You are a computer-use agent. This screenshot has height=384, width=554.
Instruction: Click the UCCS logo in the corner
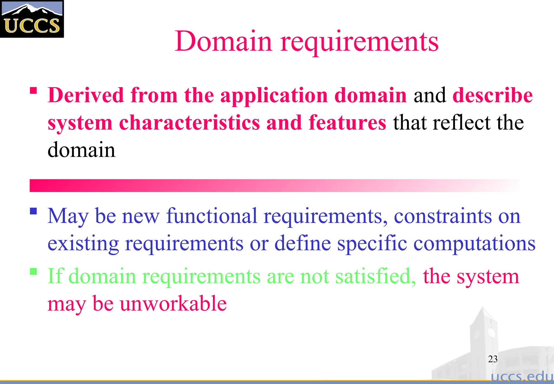[32, 19]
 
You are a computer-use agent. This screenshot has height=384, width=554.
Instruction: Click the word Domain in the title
[223, 41]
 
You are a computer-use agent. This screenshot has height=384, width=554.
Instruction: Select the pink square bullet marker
[33, 90]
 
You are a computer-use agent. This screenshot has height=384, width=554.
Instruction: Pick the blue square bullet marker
[33, 211]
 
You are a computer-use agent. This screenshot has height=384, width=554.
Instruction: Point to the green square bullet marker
[33, 271]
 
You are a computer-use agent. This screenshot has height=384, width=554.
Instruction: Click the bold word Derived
[85, 95]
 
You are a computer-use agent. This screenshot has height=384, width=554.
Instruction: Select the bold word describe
[492, 95]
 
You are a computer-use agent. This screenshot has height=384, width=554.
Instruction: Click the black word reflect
[461, 123]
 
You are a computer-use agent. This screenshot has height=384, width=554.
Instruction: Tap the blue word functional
[212, 216]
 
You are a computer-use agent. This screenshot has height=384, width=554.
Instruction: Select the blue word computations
[474, 244]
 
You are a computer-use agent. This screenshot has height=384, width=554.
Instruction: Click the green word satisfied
[375, 276]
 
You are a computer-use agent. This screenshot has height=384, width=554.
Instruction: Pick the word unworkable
[173, 304]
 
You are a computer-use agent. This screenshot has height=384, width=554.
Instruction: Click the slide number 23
[493, 359]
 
